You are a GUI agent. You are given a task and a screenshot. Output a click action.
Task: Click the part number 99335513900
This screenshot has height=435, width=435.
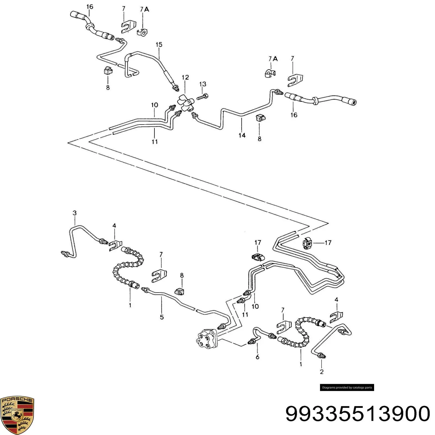click(358, 414)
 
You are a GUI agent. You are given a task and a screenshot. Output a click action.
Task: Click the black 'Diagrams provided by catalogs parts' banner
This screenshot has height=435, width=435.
click(347, 387)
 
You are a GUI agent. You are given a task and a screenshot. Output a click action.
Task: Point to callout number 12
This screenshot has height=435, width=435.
click(185, 77)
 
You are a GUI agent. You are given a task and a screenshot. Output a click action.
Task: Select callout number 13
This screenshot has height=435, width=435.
click(203, 84)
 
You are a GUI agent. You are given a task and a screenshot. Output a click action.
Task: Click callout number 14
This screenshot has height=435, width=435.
click(242, 135)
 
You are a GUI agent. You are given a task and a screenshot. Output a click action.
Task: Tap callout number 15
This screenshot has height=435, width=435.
click(159, 45)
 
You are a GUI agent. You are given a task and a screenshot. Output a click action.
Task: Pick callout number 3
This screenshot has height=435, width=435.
click(74, 213)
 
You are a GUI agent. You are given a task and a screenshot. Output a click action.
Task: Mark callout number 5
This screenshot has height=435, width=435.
click(162, 317)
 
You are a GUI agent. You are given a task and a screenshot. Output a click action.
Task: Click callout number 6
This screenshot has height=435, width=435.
click(257, 357)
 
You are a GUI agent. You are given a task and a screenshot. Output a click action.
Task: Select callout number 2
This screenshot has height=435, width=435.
click(322, 372)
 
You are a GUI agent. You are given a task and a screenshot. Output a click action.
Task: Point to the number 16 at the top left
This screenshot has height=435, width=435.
click(90, 7)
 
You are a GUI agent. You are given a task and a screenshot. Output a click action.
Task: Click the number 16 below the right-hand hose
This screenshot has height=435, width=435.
click(294, 115)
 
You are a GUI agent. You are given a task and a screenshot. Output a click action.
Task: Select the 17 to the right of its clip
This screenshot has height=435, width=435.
click(328, 243)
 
